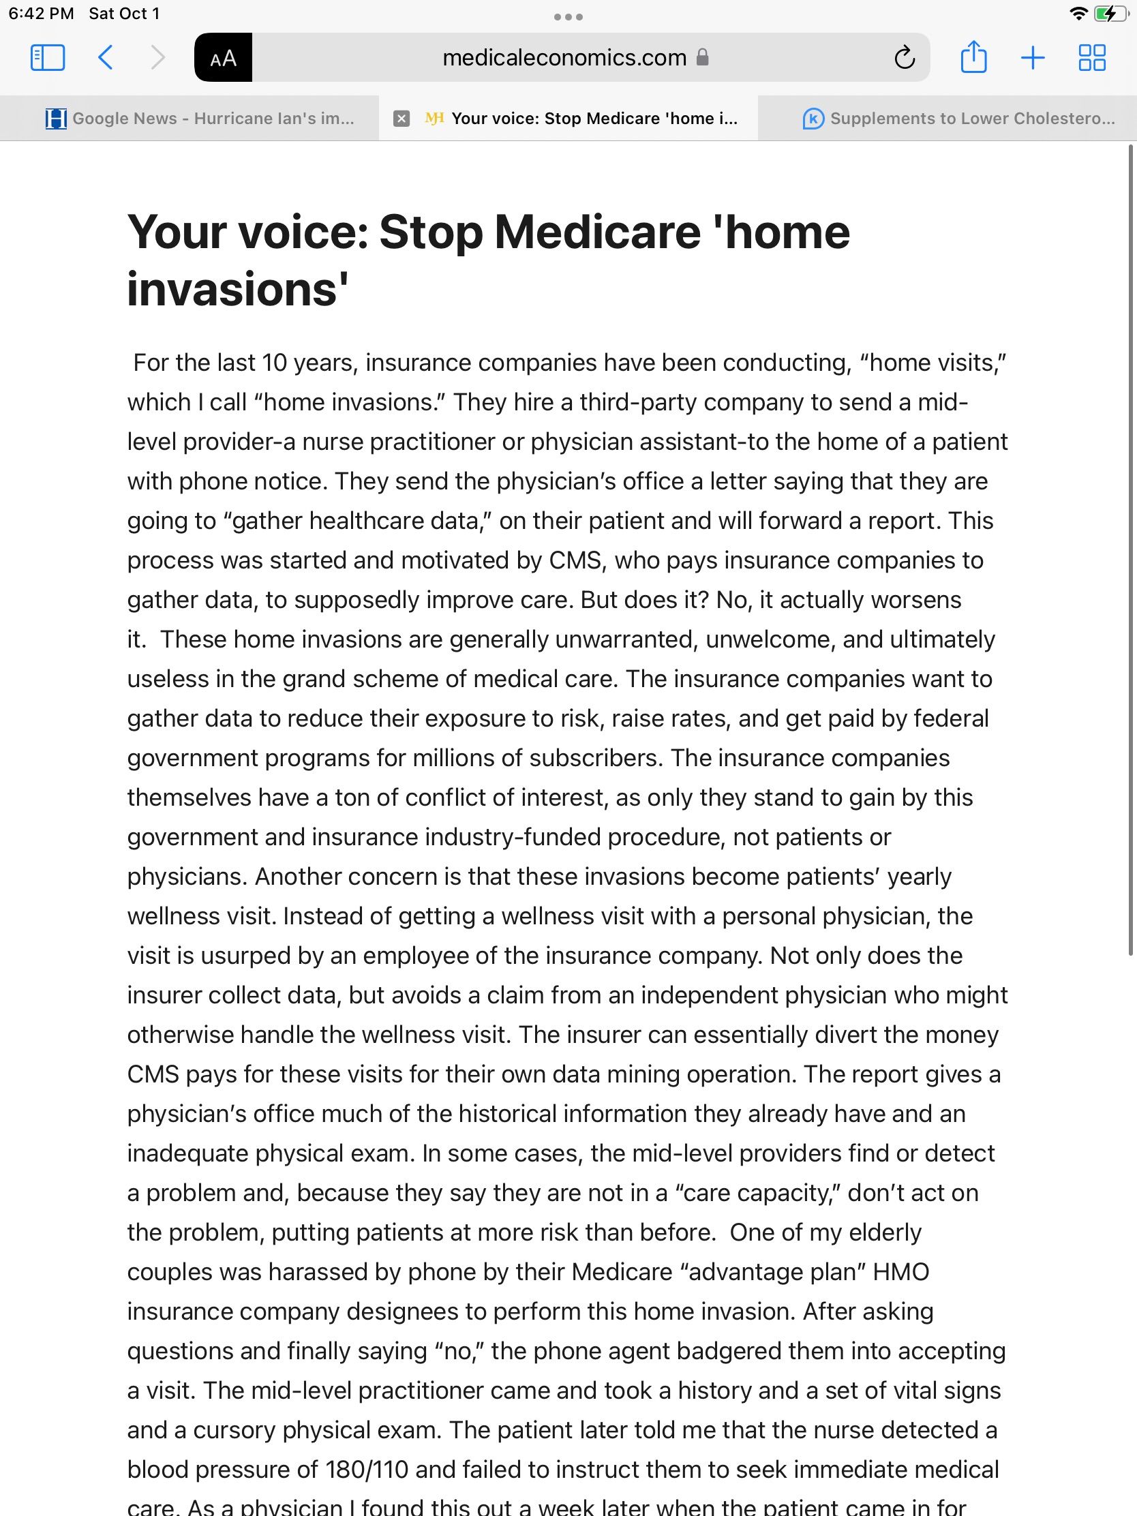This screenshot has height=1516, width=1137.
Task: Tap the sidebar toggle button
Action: (48, 57)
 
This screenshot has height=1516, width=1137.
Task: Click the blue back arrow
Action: (106, 57)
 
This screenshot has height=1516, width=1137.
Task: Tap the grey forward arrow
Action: (157, 57)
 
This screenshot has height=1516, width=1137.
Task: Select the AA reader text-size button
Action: (224, 57)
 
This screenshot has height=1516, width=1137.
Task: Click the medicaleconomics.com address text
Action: (564, 57)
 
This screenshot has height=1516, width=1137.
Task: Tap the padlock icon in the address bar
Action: (702, 57)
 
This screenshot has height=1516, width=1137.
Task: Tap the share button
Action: (973, 57)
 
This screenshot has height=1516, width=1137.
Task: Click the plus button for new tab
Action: (1032, 57)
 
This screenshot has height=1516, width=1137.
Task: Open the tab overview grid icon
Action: (1092, 57)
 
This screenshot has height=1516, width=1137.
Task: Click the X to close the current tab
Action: (401, 119)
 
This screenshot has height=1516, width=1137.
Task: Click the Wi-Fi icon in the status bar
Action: (1079, 14)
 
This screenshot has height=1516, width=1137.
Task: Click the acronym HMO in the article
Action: (900, 1272)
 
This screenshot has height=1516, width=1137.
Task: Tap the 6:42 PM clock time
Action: (41, 14)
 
